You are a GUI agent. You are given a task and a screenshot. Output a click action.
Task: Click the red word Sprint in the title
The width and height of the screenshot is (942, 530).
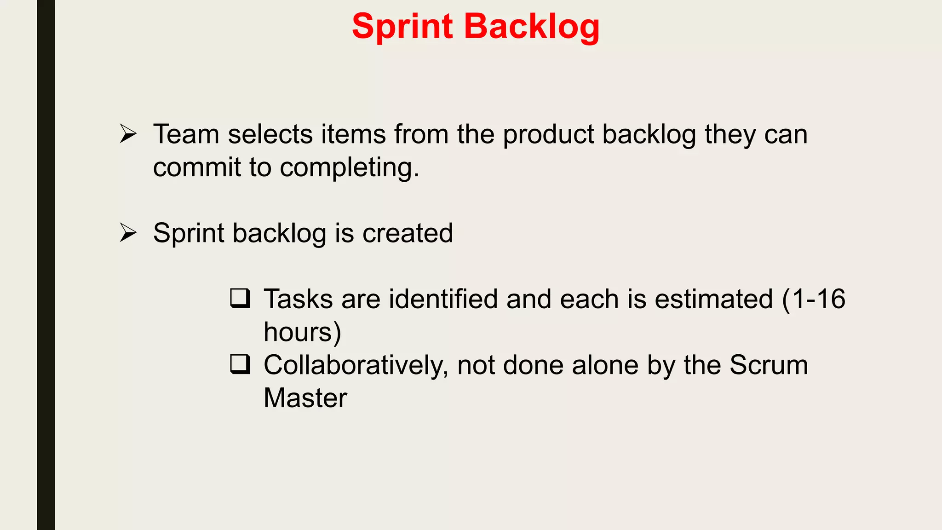pos(402,27)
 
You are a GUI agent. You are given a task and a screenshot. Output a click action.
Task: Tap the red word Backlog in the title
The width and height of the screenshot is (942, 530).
pos(532,27)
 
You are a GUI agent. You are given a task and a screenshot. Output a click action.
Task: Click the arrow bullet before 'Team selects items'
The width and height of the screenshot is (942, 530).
pos(128,134)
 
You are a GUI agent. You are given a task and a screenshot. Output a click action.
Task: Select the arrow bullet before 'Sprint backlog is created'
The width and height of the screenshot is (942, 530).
pos(128,232)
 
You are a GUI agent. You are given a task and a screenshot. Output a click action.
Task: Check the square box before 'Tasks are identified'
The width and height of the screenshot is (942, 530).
pos(240,298)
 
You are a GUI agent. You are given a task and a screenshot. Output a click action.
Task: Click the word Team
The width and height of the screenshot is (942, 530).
pos(186,134)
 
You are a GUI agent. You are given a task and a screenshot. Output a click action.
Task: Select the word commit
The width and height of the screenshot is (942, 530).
pos(197,167)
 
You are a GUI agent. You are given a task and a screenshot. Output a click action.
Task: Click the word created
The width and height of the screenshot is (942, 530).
pos(408,233)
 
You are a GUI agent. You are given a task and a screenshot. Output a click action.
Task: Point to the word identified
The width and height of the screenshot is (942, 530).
pos(443,299)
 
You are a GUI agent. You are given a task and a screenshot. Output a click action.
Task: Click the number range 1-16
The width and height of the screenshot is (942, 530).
pos(819,299)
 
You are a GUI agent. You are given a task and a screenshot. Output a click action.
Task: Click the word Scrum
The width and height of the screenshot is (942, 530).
pos(768,365)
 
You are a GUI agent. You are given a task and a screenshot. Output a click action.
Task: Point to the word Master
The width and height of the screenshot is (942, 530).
pos(305,398)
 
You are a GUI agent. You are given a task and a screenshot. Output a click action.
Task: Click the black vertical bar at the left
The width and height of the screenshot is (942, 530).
pos(46,265)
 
